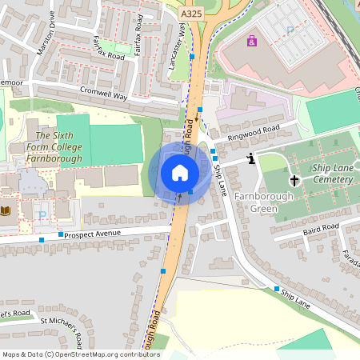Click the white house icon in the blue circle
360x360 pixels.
[x=180, y=173]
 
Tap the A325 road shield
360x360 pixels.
[x=192, y=14]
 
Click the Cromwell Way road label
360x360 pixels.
[x=103, y=93]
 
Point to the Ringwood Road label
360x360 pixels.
[x=253, y=132]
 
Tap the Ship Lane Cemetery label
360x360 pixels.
[x=332, y=174]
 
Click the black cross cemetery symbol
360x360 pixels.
[x=294, y=181]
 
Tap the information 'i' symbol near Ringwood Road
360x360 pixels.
[x=252, y=158]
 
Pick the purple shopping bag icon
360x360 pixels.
[x=253, y=41]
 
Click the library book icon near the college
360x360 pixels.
[x=7, y=210]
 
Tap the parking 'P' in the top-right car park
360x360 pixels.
[x=290, y=30]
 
